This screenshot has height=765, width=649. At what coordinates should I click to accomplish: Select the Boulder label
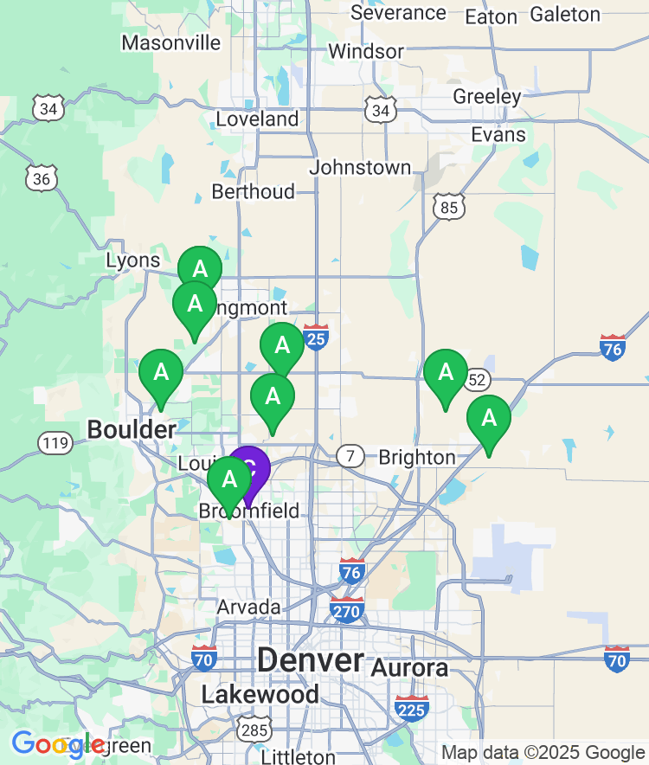(132, 429)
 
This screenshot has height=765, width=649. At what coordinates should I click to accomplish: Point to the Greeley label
(487, 96)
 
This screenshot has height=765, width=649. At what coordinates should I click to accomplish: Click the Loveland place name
(257, 119)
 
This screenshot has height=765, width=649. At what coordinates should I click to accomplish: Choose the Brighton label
(417, 457)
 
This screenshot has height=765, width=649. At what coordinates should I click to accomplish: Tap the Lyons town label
(133, 260)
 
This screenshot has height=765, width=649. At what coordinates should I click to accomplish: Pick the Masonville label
(170, 42)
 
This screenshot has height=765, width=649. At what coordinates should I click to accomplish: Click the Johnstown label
(360, 167)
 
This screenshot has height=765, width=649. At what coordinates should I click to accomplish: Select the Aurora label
(409, 668)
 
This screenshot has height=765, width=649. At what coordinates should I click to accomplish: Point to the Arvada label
(248, 607)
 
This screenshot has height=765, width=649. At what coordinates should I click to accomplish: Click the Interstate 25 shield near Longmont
(316, 337)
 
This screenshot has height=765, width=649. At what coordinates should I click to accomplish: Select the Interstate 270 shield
(346, 608)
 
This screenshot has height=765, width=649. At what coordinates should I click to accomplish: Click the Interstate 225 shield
(412, 708)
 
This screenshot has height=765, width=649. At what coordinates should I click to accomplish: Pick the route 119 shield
(55, 443)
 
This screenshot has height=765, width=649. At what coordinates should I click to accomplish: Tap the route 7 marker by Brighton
(350, 455)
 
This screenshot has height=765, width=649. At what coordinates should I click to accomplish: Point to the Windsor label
(365, 51)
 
